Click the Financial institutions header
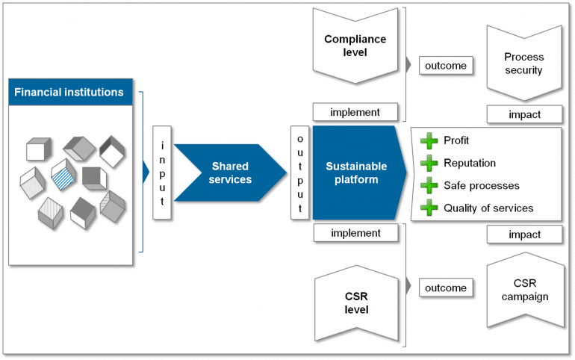coord(71,93)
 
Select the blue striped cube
coord(63,176)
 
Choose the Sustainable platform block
coord(357,173)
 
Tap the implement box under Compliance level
coord(355,113)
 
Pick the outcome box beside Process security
coord(446,66)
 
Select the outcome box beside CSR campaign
coord(446,288)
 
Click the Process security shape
coord(523,63)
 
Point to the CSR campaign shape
coord(523,291)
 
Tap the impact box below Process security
coord(524,114)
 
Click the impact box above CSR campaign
coord(524,235)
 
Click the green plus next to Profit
coord(428,140)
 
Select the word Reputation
coord(469,163)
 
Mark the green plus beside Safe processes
coord(428,185)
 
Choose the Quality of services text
coord(488,208)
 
